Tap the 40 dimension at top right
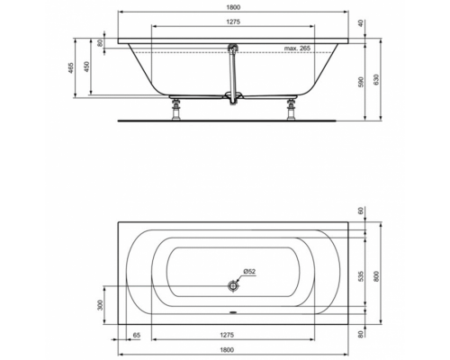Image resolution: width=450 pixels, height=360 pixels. tap(361, 24)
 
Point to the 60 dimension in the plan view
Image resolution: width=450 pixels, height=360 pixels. tap(361, 211)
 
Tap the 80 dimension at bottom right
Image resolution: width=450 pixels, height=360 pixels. tap(361, 335)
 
